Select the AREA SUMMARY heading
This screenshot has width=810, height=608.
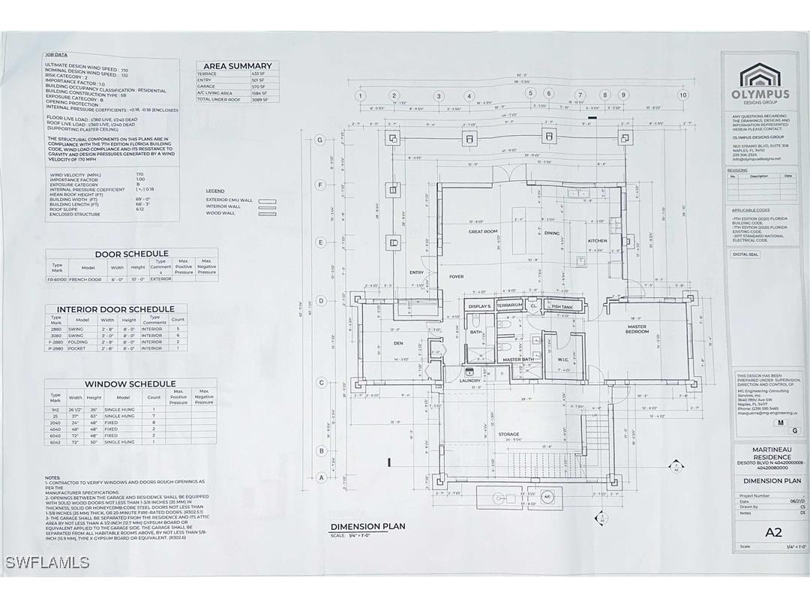[x=238, y=66]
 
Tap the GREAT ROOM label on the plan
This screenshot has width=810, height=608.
[x=484, y=232]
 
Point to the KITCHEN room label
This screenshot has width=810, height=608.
[x=598, y=241]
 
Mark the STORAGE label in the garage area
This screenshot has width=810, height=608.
[x=508, y=434]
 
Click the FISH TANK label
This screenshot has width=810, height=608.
[x=562, y=306]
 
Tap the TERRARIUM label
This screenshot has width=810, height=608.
[x=510, y=306]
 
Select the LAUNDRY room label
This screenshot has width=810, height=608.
[x=471, y=381]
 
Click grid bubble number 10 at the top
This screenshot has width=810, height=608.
[x=682, y=95]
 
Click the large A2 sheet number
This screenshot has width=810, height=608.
[x=774, y=533]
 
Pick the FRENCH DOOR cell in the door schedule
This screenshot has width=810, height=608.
[x=88, y=279]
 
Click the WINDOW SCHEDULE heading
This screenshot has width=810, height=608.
[x=130, y=384]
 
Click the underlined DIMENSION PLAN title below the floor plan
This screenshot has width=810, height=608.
[x=367, y=526]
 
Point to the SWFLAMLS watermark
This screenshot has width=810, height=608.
[x=47, y=562]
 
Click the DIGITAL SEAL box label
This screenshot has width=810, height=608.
[x=746, y=254]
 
